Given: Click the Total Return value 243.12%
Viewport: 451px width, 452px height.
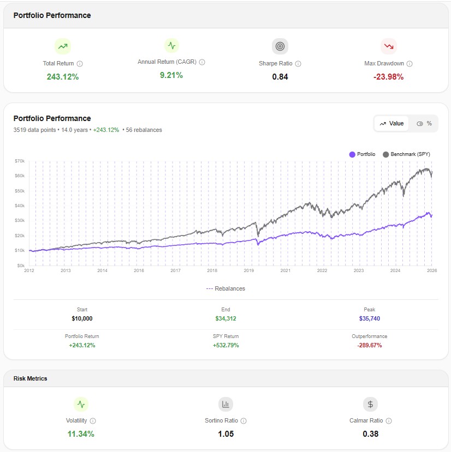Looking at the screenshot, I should pos(62,77).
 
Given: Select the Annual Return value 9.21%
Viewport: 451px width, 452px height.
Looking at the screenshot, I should pos(171,75).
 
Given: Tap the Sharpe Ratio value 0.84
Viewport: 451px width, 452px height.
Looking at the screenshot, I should pos(280,77).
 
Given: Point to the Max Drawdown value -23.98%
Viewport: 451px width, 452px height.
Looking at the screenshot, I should pos(388,77).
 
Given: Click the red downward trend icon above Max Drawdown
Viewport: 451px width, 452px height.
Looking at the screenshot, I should pos(388,46).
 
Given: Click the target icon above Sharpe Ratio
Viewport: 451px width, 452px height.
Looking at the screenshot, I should pos(280,46).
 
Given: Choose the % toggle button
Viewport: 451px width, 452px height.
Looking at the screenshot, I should pos(424,124).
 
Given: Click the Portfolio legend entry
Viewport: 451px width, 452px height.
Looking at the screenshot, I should pos(362,154).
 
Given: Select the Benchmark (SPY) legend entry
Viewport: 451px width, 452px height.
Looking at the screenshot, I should pos(407,154).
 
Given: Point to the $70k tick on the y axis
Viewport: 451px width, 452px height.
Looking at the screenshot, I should pos(20,161).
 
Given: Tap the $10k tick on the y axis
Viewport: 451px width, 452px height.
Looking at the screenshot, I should pos(20,250).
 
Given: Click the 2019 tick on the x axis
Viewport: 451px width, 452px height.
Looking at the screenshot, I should pos(248,270).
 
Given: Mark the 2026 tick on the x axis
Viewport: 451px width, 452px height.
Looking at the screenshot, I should pos(431,270).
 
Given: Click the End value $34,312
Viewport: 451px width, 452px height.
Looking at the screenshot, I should pos(226,318).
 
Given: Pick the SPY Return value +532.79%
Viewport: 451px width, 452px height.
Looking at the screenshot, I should pos(226,345).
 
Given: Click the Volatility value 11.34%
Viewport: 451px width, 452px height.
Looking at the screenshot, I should pos(81,434).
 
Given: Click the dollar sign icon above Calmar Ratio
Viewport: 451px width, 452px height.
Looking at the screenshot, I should pos(370,404).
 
